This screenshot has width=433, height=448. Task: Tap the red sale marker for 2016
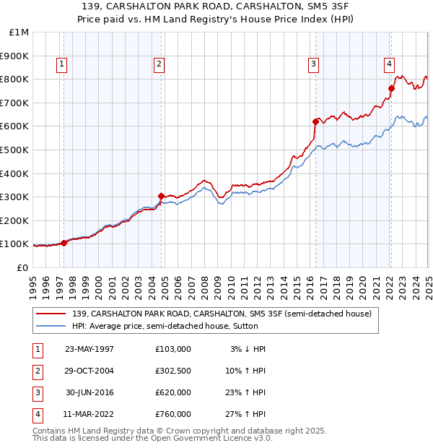(315, 121)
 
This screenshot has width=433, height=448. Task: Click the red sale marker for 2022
(391, 89)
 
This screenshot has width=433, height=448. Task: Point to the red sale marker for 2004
(162, 196)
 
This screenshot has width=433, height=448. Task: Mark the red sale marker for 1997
(64, 243)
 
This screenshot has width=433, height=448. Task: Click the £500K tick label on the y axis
(14, 150)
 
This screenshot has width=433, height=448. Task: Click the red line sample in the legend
(51, 314)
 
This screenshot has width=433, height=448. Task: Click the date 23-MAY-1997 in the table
(89, 349)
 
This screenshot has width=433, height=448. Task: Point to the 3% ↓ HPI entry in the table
(248, 349)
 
